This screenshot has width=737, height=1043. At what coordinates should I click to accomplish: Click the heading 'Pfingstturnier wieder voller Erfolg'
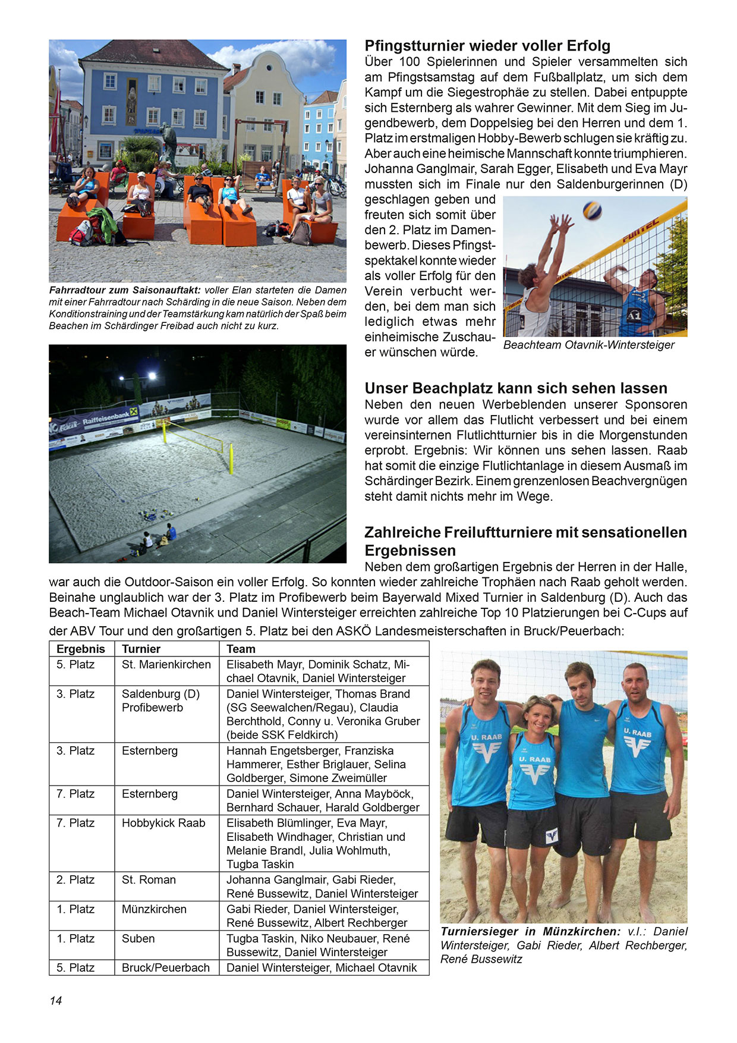point(487,46)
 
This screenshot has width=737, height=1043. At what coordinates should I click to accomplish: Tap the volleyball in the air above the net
point(592,210)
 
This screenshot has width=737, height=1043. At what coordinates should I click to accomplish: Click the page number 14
point(56,1000)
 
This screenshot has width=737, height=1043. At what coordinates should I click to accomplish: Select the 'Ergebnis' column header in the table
point(81,649)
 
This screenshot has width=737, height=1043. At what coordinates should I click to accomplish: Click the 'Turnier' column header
point(141,649)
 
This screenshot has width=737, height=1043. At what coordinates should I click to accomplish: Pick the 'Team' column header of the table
point(241,649)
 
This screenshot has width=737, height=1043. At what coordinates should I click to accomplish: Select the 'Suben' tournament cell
point(138,938)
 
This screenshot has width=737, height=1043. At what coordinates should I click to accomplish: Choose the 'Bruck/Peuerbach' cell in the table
point(166,967)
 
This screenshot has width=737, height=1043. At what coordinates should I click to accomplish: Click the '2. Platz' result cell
point(75,879)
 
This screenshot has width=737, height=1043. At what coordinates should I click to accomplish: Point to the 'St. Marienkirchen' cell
point(166,664)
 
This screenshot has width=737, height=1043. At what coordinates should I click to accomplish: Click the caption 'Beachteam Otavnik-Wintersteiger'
point(588,345)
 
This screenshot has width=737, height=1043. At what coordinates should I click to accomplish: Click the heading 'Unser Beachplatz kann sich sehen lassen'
point(516,388)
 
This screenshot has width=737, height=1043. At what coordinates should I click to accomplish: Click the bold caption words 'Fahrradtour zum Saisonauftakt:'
point(125,290)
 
